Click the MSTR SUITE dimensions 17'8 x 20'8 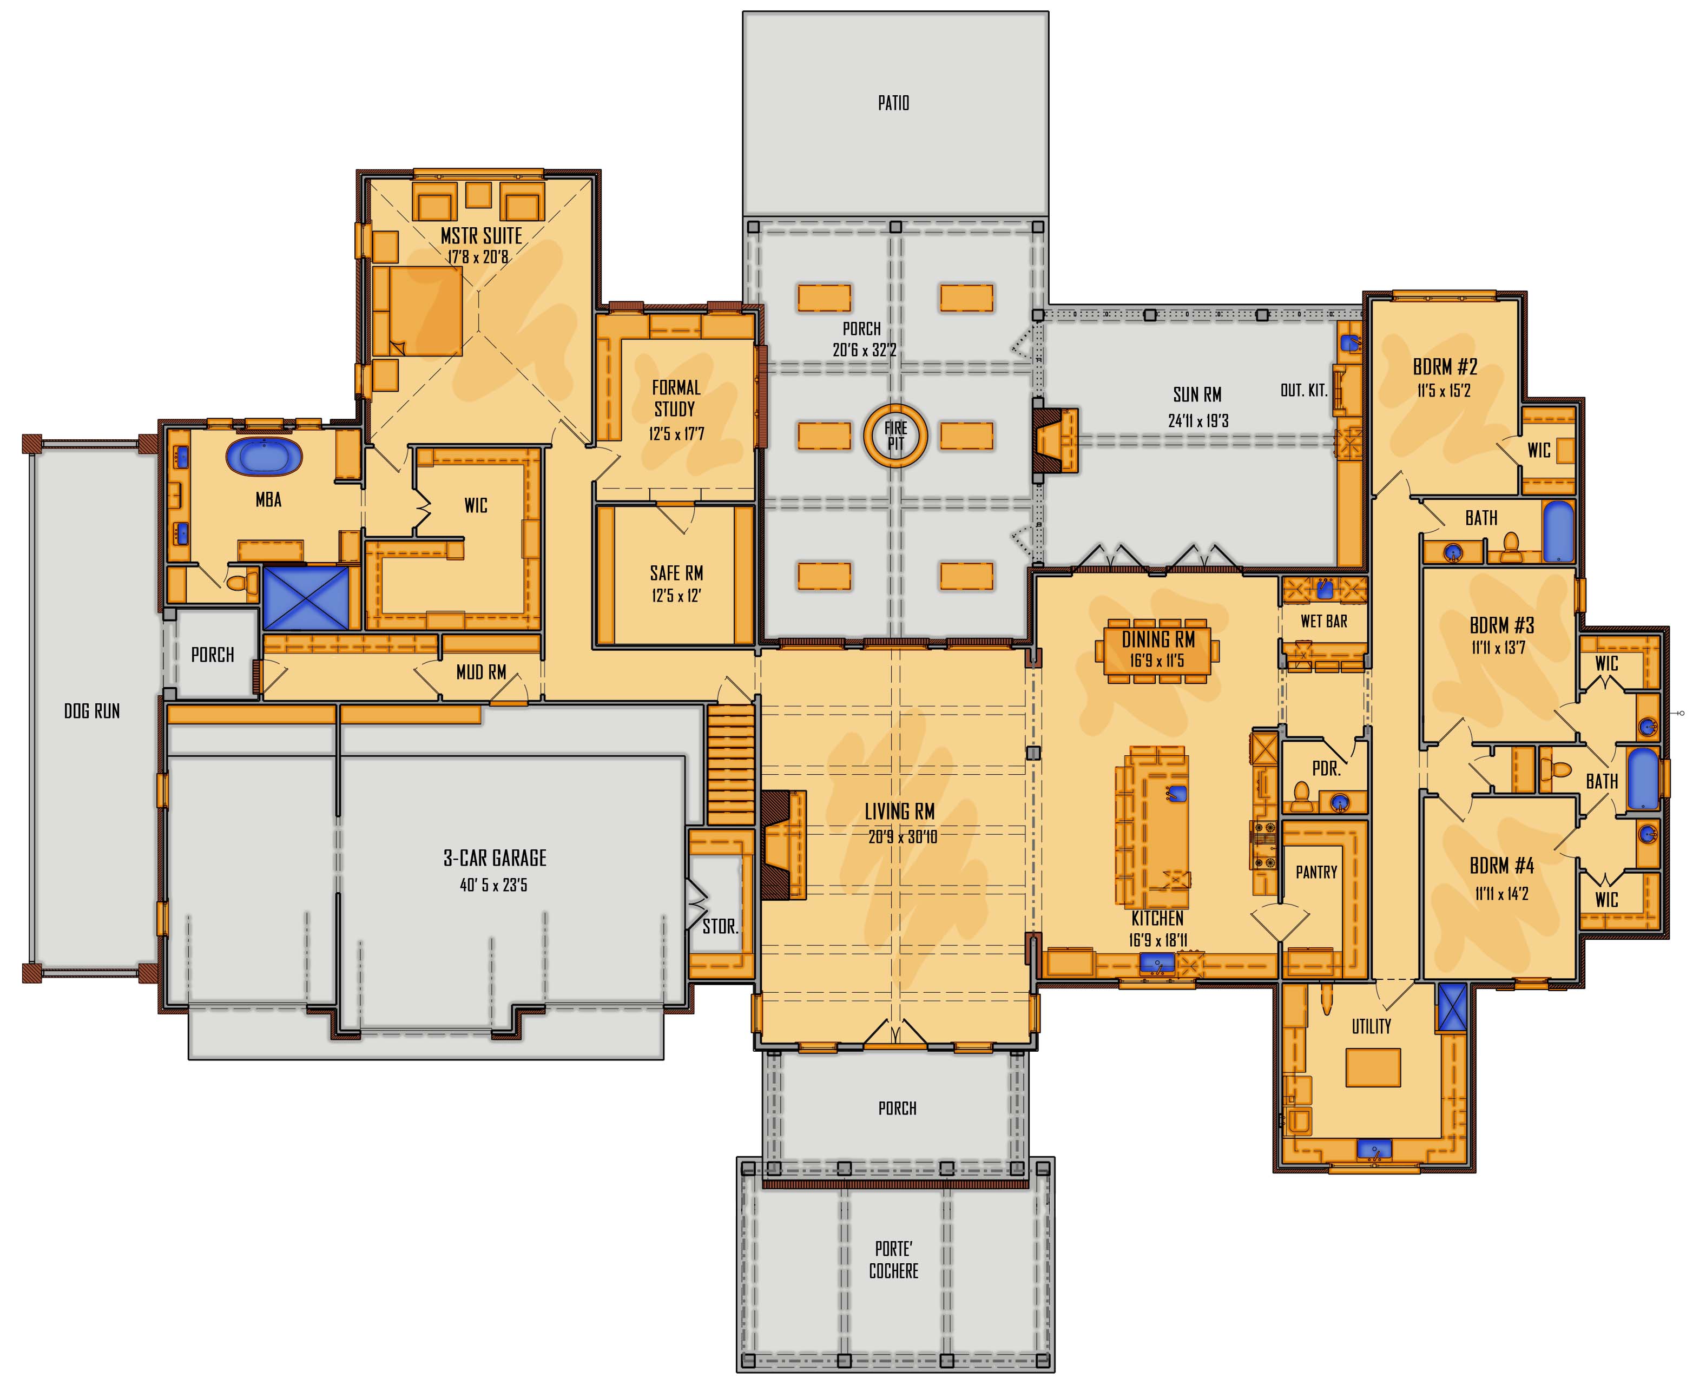pyautogui.click(x=477, y=257)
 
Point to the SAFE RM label pyautogui.click(x=676, y=573)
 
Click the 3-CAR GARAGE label pyautogui.click(x=495, y=858)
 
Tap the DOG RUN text pyautogui.click(x=92, y=711)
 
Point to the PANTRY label pyautogui.click(x=1316, y=872)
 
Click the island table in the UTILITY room pyautogui.click(x=1373, y=1067)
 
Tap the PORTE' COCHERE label pyautogui.click(x=894, y=1259)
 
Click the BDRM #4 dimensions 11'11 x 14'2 pyautogui.click(x=1501, y=894)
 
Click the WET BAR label pyautogui.click(x=1324, y=621)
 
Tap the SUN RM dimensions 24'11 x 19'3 pyautogui.click(x=1198, y=420)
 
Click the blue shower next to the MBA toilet pyautogui.click(x=306, y=598)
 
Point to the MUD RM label pyautogui.click(x=481, y=672)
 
